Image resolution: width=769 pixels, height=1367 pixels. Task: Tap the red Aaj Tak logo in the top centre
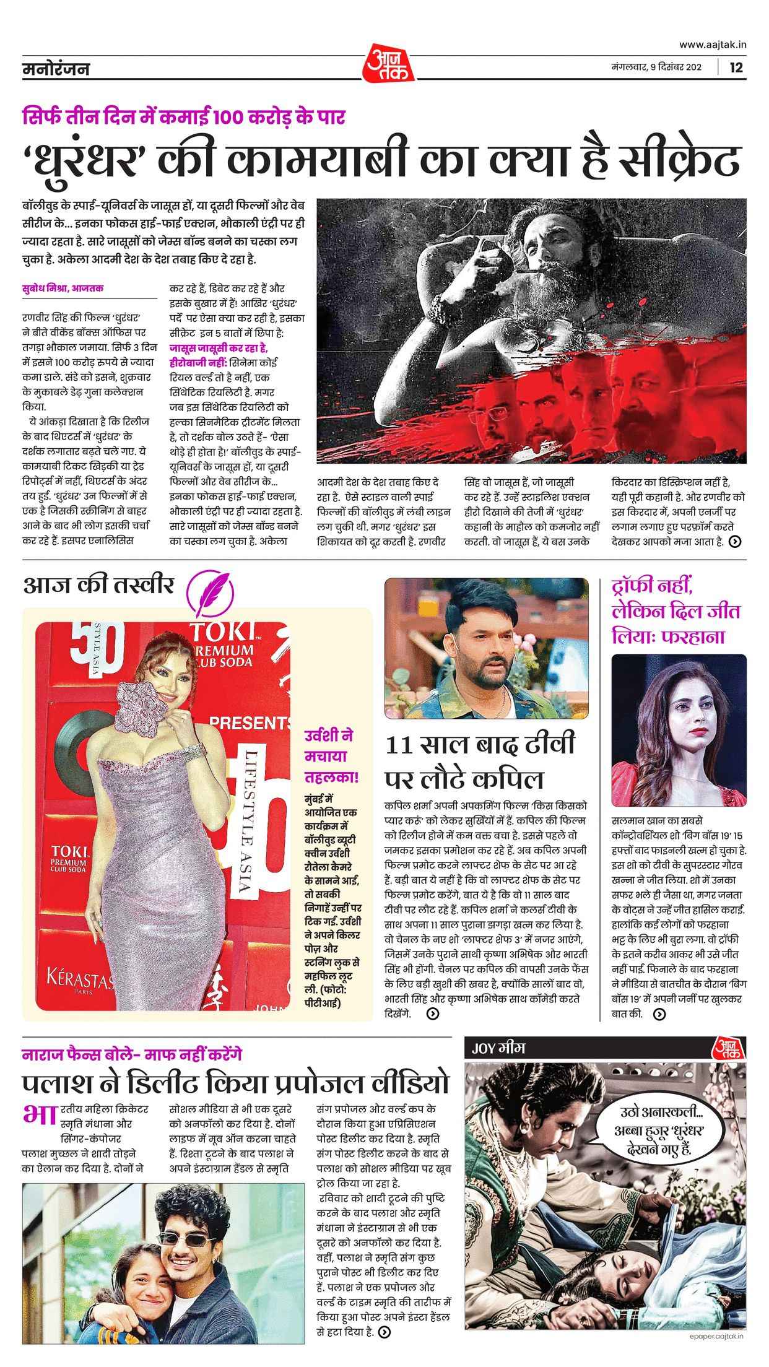coord(389,62)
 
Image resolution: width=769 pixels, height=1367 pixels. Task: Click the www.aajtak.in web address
coord(713,44)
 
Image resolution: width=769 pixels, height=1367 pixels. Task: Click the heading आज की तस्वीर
coord(98,585)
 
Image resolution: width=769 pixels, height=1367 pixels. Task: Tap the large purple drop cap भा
coord(40,1115)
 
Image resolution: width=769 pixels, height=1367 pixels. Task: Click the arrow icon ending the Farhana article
coord(659,1014)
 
